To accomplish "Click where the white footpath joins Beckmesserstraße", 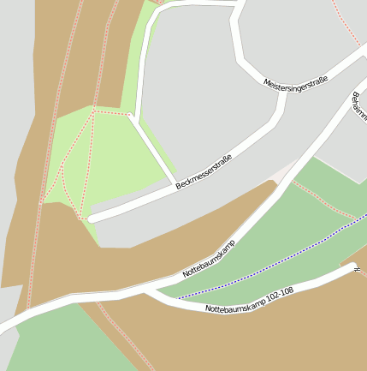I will (175, 183).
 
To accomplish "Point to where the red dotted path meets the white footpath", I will (131, 115).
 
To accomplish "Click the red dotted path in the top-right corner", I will (346, 26).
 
